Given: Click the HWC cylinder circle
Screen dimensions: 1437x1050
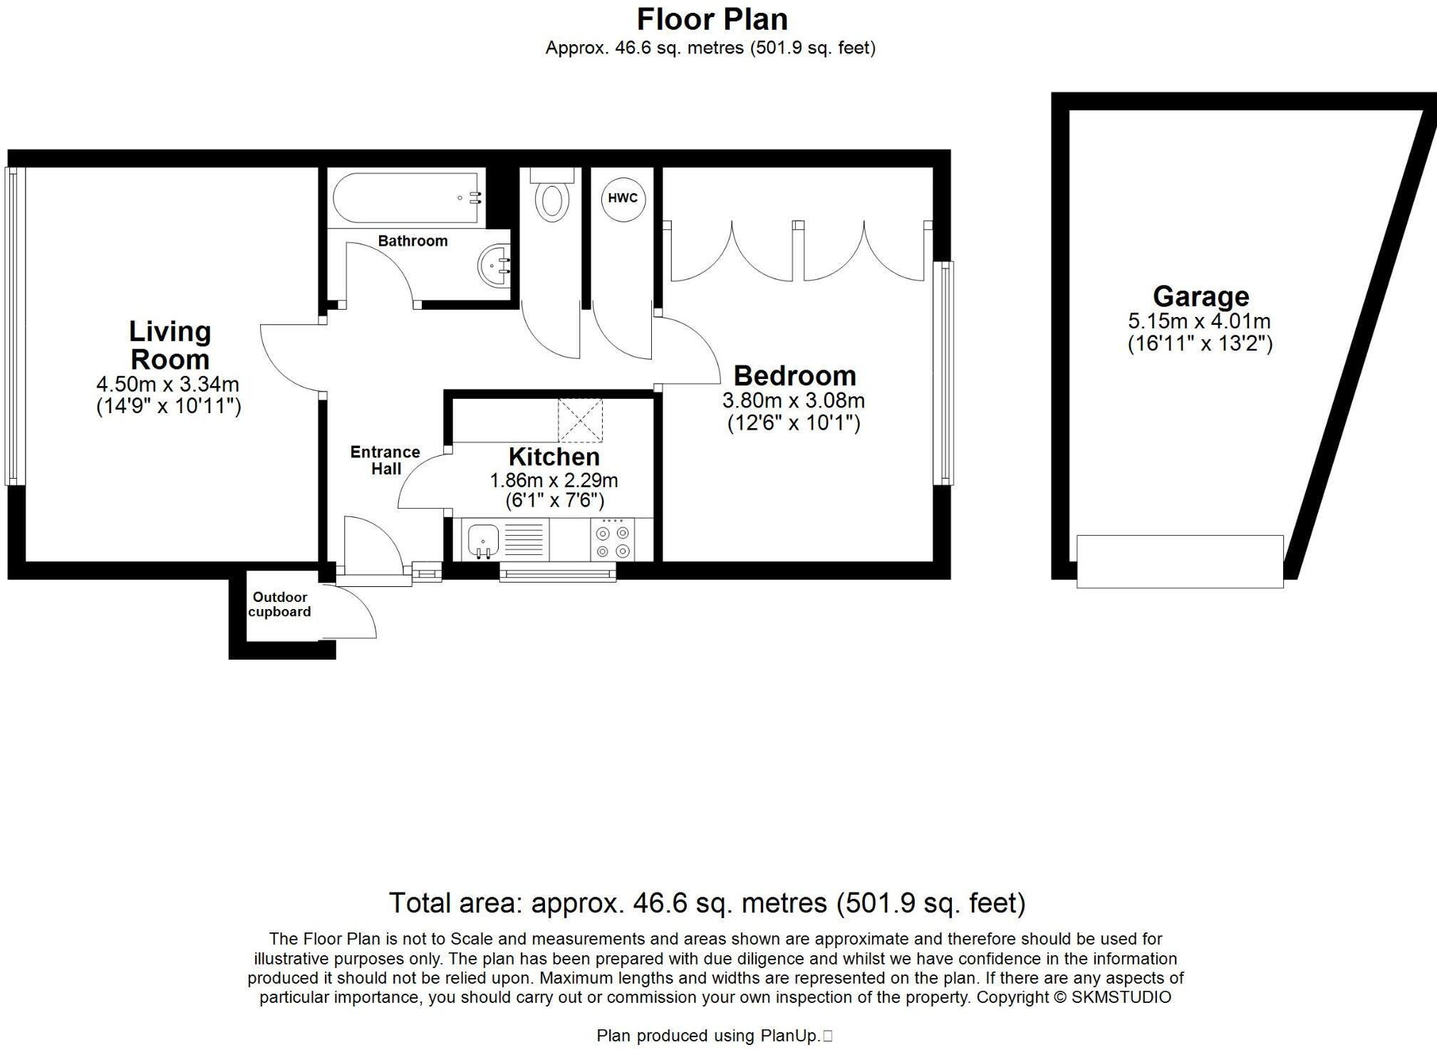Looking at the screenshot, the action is click(x=623, y=199).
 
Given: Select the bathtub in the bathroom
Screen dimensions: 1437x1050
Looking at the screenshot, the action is click(x=407, y=197).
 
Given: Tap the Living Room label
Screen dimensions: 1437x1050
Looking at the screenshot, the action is click(x=170, y=345).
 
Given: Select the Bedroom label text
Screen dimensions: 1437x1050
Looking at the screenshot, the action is click(x=794, y=375).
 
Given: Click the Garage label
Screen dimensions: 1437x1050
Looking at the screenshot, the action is click(x=1200, y=296).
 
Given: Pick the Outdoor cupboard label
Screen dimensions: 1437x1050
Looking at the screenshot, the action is click(x=279, y=604).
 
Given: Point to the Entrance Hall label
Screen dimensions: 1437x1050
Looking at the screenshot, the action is click(x=385, y=460).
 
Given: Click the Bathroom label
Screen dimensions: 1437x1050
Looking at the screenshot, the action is click(x=413, y=241).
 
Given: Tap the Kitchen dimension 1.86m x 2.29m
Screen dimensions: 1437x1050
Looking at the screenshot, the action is click(x=554, y=481).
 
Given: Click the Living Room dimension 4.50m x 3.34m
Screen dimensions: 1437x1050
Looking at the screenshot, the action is click(x=167, y=385).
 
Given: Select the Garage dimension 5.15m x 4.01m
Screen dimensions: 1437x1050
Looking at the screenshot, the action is click(x=1200, y=321).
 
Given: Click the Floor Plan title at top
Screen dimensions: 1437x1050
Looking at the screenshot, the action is click(x=712, y=19).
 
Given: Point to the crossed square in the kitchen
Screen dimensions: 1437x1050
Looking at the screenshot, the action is click(x=580, y=420).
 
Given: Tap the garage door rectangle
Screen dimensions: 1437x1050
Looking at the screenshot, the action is click(x=1180, y=561).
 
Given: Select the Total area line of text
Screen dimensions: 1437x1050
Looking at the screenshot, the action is click(x=707, y=903).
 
